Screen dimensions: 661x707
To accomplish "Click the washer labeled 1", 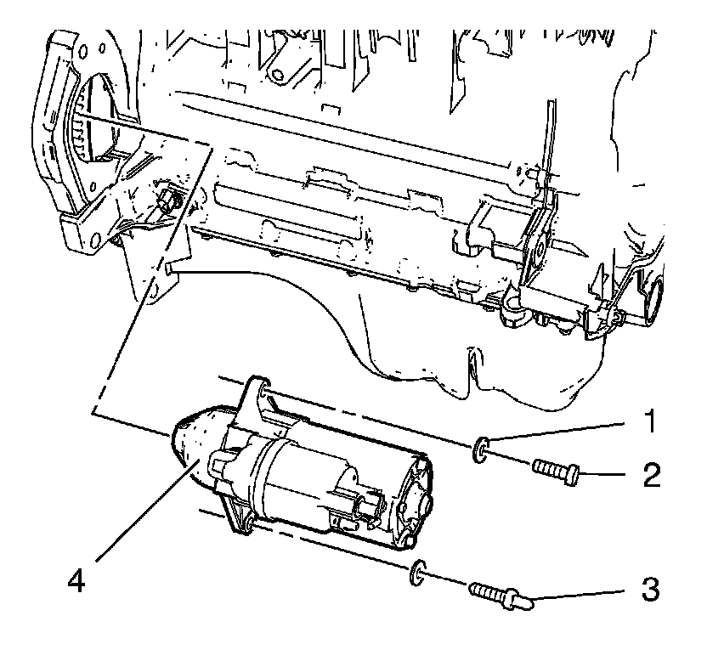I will (481, 447).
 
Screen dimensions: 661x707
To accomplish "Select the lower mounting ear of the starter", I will (238, 519).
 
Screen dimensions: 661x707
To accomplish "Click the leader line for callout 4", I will (144, 510).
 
